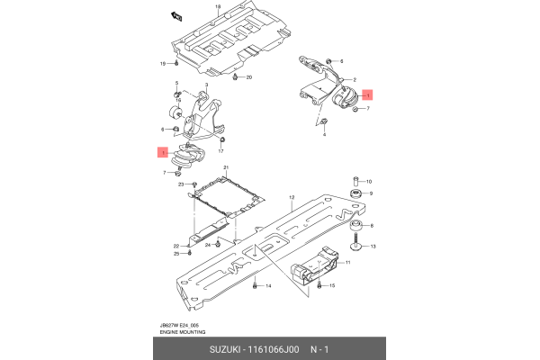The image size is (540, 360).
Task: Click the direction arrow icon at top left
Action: pos(175,14)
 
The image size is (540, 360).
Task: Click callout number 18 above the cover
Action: pos(217,6)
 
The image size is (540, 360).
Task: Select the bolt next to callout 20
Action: pos(235,79)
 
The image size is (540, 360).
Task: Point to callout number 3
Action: pos(206,85)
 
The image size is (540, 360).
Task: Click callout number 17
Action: pos(220,151)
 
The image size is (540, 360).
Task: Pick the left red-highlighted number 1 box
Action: pos(163,154)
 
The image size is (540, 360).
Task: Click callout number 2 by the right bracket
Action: pos(356,79)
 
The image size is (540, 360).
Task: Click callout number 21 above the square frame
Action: pos(226,168)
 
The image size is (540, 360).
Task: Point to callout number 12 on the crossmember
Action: pos(292,197)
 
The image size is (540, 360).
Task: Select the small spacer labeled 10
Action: pos(356,181)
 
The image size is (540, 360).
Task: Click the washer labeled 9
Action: pos(356,193)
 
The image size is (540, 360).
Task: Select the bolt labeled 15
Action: pos(317,285)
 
